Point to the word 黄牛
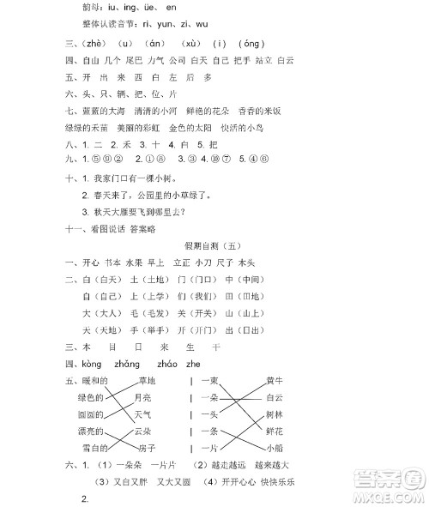[275, 380]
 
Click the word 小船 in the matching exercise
[275, 448]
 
